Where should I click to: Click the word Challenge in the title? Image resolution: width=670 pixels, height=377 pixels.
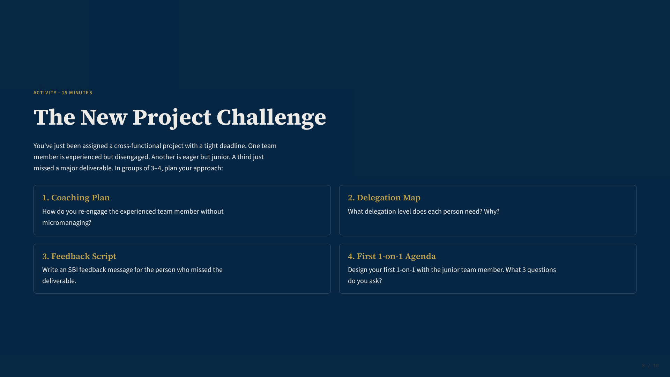271,118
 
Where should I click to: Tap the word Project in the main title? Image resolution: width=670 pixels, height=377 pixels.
172,118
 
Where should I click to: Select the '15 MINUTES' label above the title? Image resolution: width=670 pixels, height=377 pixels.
77,93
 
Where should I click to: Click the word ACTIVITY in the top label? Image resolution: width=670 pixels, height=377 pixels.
45,93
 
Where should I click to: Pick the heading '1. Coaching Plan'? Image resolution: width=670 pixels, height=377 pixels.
76,198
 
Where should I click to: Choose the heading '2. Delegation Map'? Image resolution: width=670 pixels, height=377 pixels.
384,198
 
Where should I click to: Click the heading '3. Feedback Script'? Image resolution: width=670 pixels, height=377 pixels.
79,257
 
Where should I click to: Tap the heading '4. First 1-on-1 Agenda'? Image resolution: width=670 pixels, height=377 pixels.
392,257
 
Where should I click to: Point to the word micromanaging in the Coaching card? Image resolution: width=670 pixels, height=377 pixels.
67,223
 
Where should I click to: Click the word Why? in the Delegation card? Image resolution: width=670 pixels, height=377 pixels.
492,212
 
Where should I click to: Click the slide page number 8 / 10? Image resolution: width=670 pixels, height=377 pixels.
650,366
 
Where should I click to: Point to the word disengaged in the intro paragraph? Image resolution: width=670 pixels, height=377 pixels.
132,157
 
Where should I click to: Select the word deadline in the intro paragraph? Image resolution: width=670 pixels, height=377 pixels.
233,146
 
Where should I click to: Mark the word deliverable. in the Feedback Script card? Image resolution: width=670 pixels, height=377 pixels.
59,281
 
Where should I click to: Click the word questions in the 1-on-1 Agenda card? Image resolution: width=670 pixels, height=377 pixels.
542,270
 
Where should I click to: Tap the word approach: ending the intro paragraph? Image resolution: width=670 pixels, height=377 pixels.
208,169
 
